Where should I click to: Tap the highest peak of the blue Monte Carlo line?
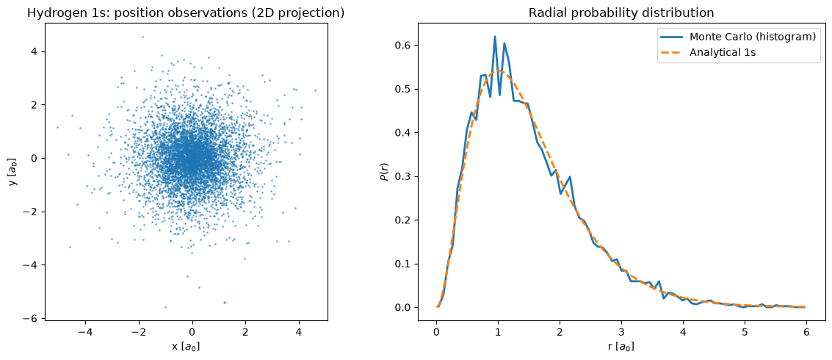495,37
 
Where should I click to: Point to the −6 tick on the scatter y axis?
43,318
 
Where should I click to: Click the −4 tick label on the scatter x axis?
85,331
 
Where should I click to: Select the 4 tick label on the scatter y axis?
34,52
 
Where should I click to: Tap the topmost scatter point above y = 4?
142,37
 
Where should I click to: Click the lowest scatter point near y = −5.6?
165,307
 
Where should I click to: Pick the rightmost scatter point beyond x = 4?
315,91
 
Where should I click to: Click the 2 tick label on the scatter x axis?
246,331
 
